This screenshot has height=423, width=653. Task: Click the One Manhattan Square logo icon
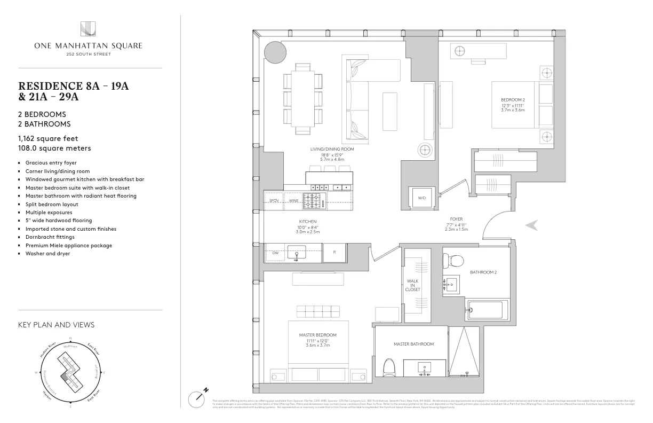pos(88,29)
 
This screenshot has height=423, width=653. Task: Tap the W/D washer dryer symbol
pos(422,197)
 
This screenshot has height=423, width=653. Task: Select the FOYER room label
pos(456,218)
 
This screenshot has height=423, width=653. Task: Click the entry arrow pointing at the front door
pos(531,226)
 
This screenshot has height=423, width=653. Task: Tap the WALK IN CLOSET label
pos(413,285)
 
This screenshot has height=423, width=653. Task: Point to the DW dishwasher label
pos(275,253)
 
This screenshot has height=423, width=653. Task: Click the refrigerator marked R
pos(335,253)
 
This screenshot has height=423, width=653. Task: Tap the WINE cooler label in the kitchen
pos(293,201)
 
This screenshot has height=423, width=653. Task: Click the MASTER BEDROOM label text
pos(317,335)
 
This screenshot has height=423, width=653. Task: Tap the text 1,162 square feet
pos(48,138)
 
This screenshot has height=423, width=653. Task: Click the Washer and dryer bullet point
pos(47,254)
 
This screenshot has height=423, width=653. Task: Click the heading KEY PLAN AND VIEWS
pos(56,325)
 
